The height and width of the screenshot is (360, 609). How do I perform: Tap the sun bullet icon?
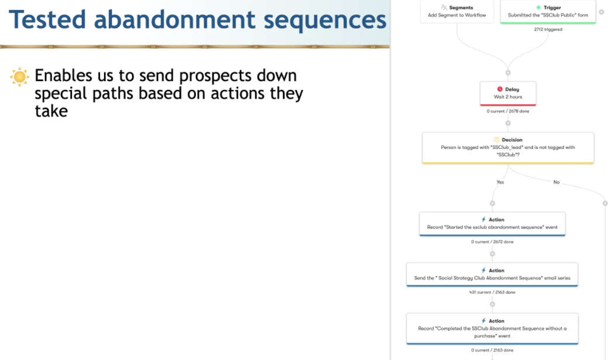(x=19, y=77)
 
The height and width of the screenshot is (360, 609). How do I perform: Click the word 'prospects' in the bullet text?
(x=215, y=77)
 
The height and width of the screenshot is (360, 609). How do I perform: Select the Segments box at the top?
(x=457, y=11)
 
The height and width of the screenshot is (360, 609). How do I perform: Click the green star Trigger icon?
(x=538, y=8)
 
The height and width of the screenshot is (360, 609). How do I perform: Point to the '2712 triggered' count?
(x=548, y=29)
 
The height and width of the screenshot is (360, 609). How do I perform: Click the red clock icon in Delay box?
(x=500, y=89)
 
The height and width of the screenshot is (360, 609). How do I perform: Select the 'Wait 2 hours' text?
(x=508, y=96)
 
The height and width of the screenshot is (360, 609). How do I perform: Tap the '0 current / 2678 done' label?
(x=508, y=111)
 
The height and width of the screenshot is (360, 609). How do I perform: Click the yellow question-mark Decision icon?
(x=496, y=140)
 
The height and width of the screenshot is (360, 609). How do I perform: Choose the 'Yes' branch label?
(x=500, y=182)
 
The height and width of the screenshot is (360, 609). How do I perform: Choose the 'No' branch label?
(x=556, y=182)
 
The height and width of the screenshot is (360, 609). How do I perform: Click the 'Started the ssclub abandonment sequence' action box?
(x=492, y=224)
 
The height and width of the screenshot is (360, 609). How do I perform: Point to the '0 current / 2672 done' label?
(x=493, y=241)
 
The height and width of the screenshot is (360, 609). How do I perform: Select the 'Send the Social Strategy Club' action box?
(x=492, y=275)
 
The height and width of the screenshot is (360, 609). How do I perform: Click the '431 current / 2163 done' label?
(x=492, y=292)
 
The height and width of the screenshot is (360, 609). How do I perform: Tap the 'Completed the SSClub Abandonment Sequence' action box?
(x=492, y=328)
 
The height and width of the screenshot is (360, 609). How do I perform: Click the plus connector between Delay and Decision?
(x=508, y=123)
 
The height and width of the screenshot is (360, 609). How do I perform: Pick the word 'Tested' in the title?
(x=47, y=19)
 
